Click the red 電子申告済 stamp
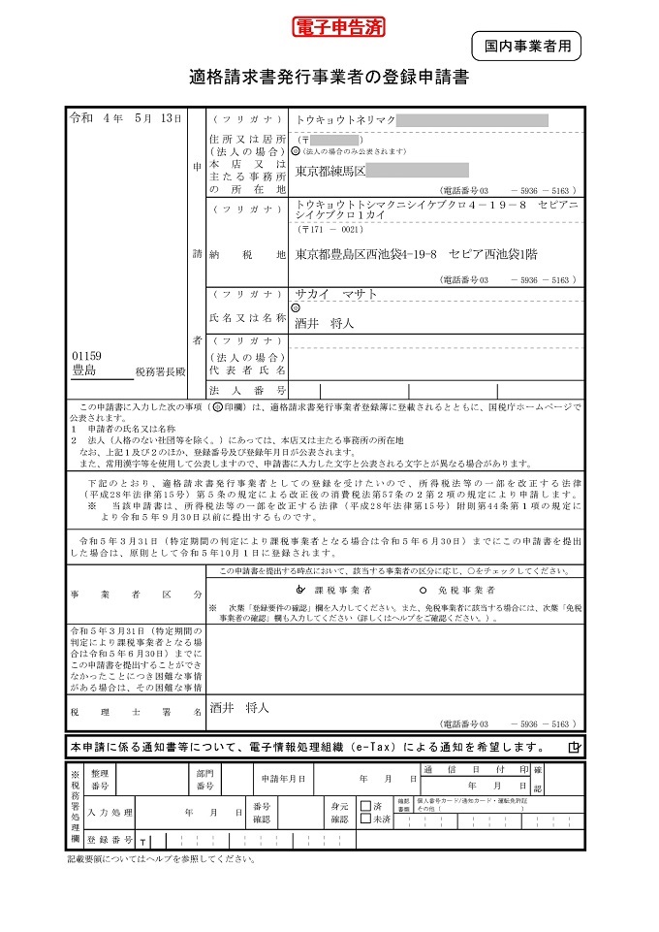click(339, 27)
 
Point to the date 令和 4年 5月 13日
click(125, 118)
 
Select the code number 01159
click(86, 356)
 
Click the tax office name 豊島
click(84, 370)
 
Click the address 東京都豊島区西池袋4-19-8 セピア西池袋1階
click(417, 254)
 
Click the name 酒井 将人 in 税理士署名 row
click(238, 708)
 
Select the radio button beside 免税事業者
click(423, 590)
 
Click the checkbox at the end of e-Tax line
click(575, 747)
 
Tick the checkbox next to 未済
click(365, 820)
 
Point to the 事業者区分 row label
click(136, 594)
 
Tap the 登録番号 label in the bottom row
click(110, 840)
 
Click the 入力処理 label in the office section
click(110, 812)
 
